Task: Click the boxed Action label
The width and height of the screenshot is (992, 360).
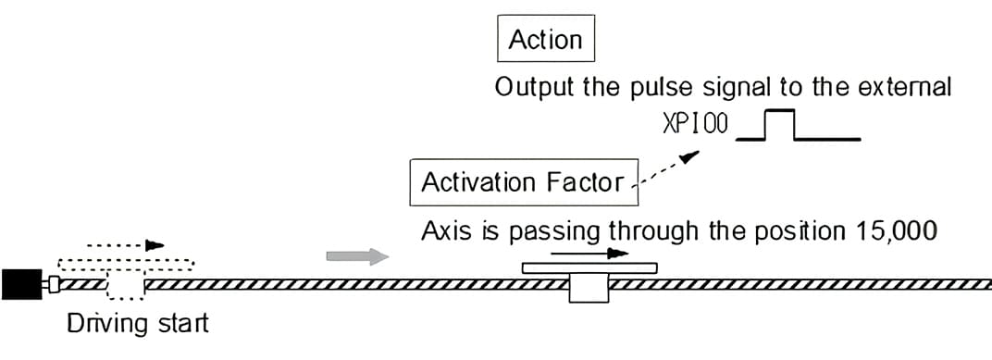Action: tap(546, 40)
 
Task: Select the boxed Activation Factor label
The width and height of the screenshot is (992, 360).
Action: tap(522, 182)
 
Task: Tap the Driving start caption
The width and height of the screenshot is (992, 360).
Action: tap(138, 325)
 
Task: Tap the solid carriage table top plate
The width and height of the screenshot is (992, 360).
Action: tap(589, 268)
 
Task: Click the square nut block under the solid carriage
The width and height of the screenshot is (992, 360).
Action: tap(589, 288)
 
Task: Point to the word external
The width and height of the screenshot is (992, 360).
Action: tap(901, 88)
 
